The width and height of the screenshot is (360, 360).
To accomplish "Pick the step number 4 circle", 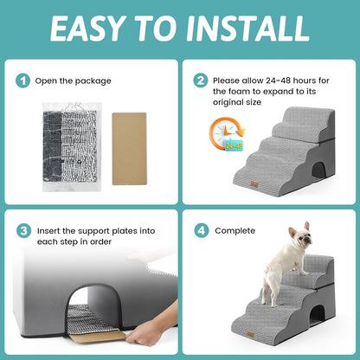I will coord(201,231).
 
